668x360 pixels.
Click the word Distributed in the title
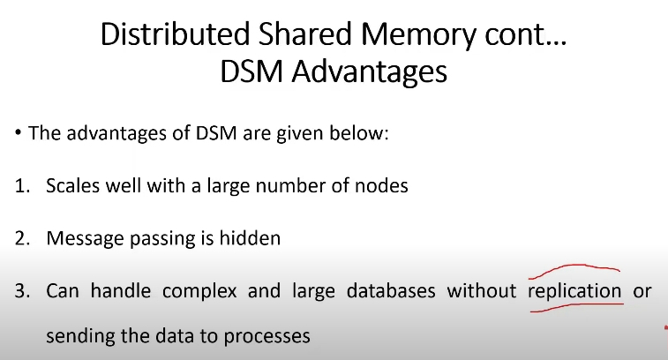pos(175,34)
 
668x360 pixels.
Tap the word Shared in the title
pos(304,34)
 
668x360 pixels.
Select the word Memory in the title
pos(418,36)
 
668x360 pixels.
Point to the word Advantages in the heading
pos(370,72)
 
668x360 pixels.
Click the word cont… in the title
pos(526,35)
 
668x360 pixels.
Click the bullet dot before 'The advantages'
pos(18,132)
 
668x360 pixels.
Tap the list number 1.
pos(22,186)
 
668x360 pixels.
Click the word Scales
pos(73,186)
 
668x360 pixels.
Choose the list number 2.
pos(23,238)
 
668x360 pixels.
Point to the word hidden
pos(250,238)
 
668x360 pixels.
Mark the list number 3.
pos(23,291)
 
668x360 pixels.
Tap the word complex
pos(199,292)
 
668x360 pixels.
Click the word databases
pos(391,290)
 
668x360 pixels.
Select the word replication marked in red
pos(574,292)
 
